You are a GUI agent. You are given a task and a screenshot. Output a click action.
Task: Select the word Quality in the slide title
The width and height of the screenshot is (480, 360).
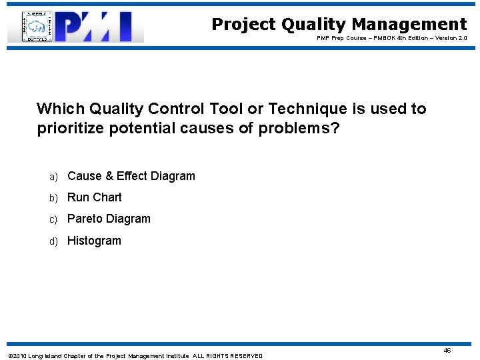(x=313, y=25)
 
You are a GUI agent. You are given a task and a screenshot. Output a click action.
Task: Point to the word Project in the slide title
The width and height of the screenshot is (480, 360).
(x=243, y=25)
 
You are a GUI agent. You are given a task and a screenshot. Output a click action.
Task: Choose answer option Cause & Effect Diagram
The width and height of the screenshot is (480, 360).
(x=131, y=176)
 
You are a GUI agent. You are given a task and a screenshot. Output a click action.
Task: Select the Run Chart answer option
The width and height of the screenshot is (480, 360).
(x=95, y=197)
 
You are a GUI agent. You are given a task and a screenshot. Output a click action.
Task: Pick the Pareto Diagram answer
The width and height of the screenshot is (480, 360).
(x=109, y=219)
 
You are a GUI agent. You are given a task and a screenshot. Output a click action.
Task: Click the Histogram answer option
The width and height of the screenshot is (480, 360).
(x=94, y=241)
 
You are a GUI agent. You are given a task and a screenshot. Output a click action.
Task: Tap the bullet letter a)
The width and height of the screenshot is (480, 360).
(x=53, y=177)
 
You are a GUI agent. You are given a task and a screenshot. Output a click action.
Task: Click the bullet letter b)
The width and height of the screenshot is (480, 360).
(x=53, y=198)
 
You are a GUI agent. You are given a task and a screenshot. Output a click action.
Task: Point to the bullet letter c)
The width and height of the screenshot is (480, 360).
(x=53, y=219)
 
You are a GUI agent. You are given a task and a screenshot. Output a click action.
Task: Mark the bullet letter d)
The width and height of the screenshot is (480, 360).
(x=53, y=241)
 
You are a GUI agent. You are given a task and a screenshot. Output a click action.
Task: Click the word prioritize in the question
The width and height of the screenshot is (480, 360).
(x=71, y=128)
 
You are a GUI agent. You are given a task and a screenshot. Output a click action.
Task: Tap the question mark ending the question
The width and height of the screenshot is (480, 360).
(x=335, y=128)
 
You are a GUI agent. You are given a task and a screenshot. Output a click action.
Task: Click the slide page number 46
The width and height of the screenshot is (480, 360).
(x=447, y=350)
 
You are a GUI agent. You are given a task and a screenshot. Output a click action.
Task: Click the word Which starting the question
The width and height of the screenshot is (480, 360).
(x=57, y=109)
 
